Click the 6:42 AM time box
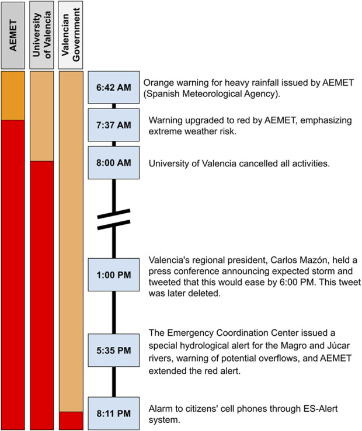point(114,88)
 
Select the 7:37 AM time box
point(114,124)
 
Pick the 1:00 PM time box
point(114,274)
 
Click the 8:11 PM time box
point(114,413)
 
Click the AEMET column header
point(13,34)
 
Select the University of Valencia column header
point(41,34)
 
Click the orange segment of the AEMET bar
point(13,96)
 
